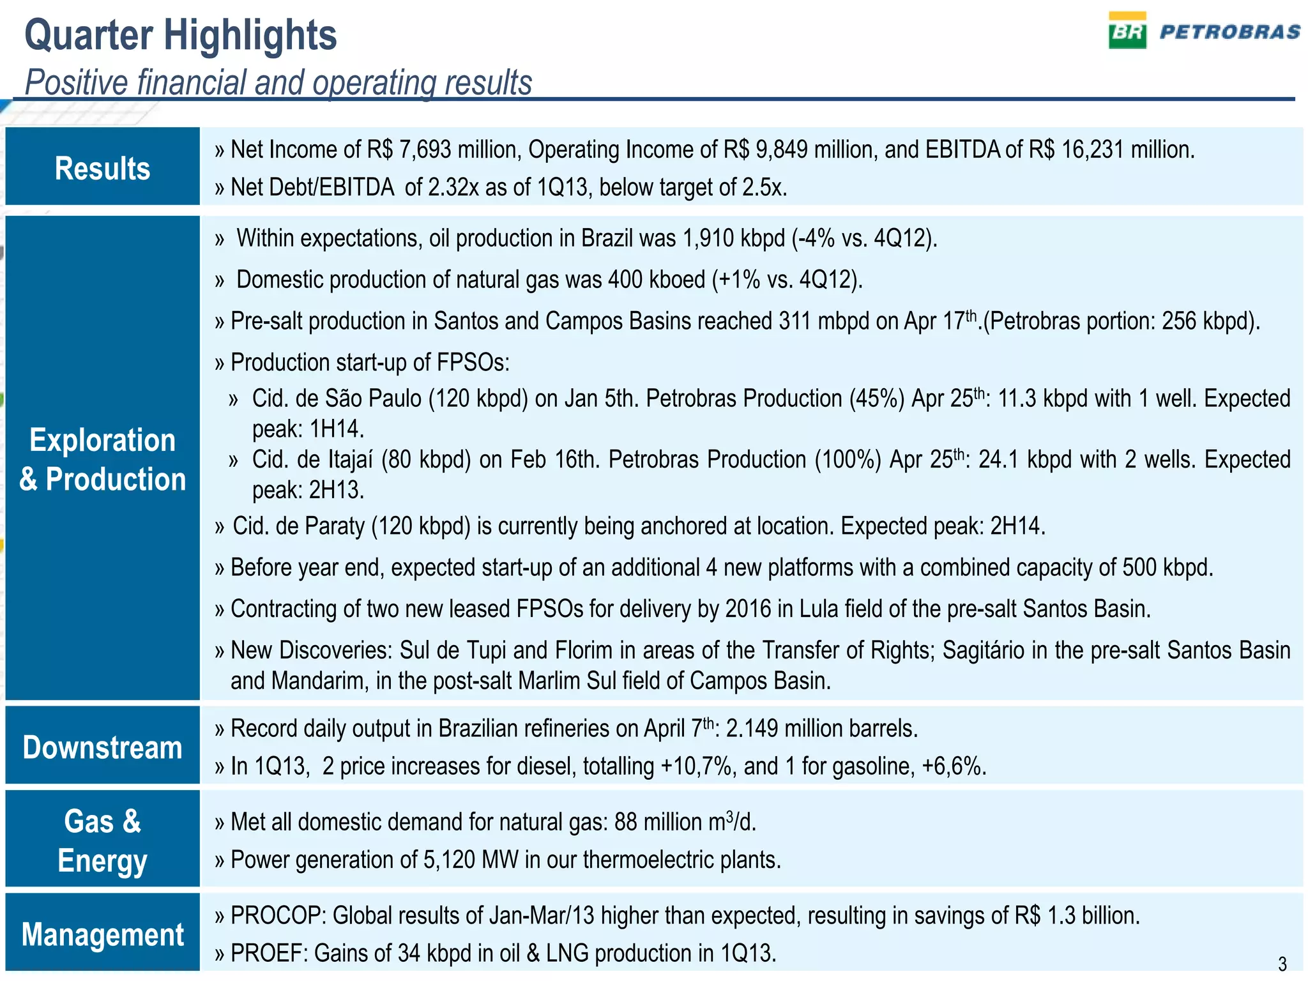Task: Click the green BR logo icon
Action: tap(1127, 31)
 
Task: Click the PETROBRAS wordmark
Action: tap(1230, 32)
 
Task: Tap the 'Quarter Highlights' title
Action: tap(181, 35)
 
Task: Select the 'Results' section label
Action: tap(102, 169)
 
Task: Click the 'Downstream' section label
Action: tap(102, 747)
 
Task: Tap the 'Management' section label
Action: tap(102, 934)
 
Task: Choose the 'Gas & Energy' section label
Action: tap(102, 840)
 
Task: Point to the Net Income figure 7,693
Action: tap(425, 150)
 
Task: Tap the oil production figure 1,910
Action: tap(708, 239)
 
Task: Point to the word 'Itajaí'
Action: tap(351, 460)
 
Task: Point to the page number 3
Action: tap(1282, 963)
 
